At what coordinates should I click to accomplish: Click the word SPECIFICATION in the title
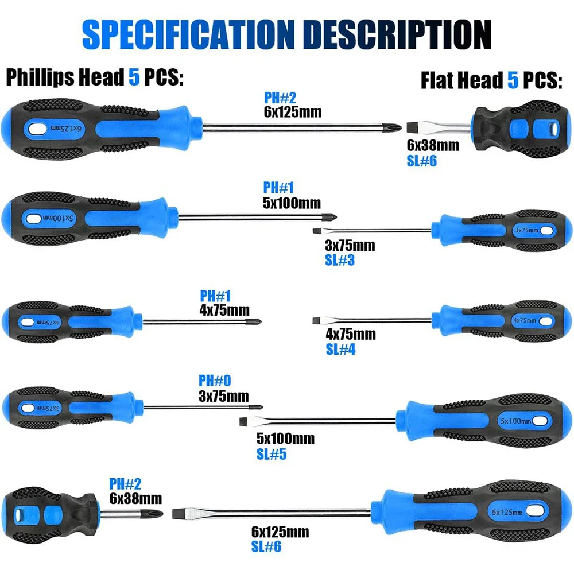point(188,34)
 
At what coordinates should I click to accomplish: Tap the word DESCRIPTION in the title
point(398,34)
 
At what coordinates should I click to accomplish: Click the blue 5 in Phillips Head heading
point(134,77)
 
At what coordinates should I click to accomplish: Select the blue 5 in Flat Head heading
point(513,80)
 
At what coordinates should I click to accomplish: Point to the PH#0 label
point(215,381)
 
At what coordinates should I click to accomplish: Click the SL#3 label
point(340,260)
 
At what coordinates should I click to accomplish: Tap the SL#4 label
point(340,349)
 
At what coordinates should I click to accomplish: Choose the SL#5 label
point(272,454)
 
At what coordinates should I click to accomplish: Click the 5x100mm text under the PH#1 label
point(292,203)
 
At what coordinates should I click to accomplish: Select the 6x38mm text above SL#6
point(433,145)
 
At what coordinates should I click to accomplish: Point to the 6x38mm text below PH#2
point(135,498)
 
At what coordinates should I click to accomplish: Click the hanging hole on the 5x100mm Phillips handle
point(33,219)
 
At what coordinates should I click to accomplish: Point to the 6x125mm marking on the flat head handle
point(507,512)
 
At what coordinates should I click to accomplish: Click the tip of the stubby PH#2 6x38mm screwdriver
point(161,513)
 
